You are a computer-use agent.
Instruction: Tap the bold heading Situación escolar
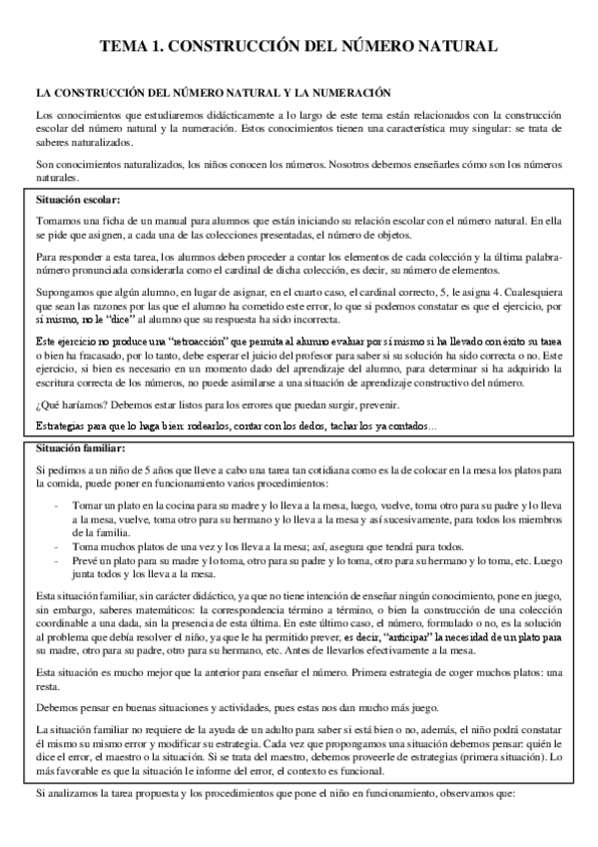click(77, 200)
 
